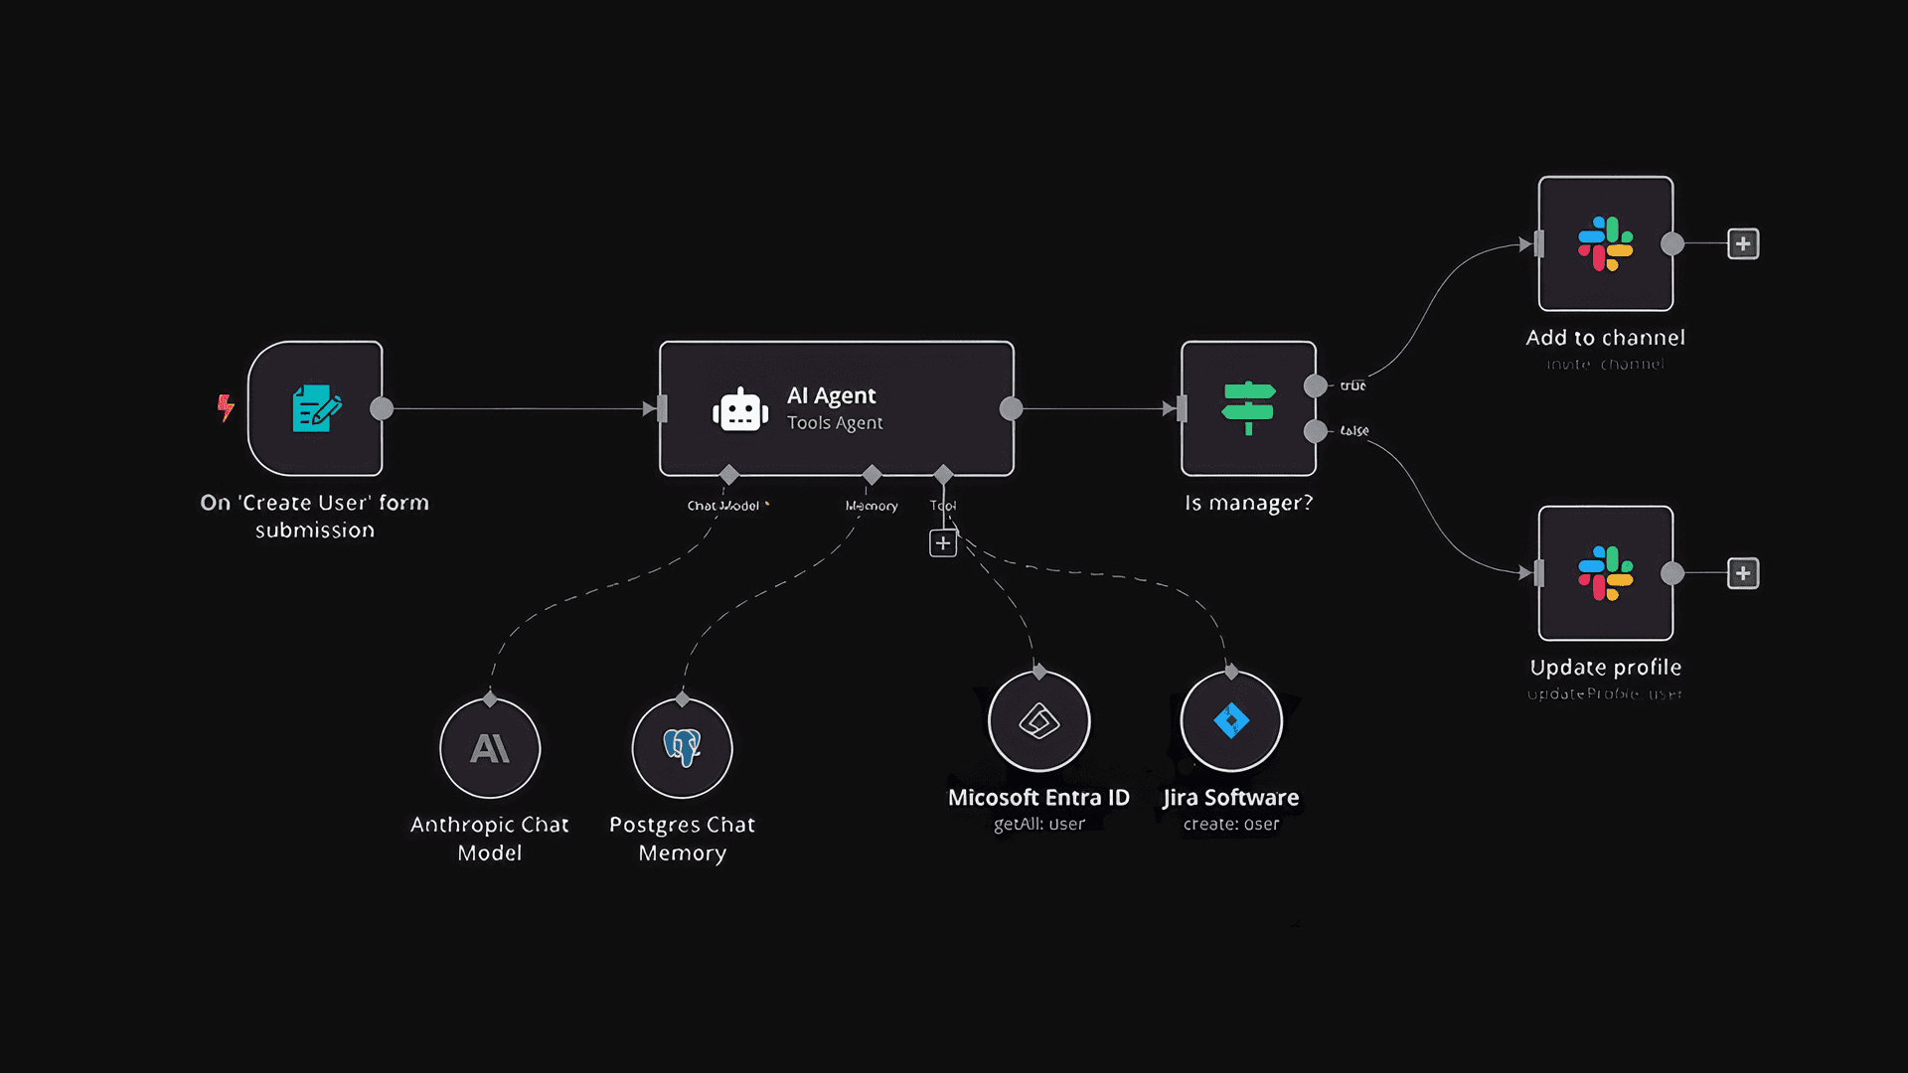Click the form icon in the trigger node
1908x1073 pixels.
coord(316,408)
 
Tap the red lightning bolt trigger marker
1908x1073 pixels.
coord(226,406)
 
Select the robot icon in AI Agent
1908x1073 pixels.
coord(740,409)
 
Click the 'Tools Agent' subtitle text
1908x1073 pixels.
coord(835,423)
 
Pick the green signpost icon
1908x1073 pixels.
coord(1248,407)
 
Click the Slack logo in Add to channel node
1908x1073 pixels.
coord(1605,243)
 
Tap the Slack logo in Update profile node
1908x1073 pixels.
coord(1605,573)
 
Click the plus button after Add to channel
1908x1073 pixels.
coord(1743,243)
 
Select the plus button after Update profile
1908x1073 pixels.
coord(1743,573)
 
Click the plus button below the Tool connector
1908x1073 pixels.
coord(943,543)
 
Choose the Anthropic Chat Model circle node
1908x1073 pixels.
coord(490,748)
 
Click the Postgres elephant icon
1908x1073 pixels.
coord(682,747)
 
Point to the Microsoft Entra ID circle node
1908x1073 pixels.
coord(1039,721)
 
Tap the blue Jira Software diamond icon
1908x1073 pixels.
coord(1231,720)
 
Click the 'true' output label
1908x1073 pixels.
coord(1352,385)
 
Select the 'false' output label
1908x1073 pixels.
coord(1353,430)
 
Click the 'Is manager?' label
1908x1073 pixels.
coord(1248,503)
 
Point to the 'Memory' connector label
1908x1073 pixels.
coord(872,506)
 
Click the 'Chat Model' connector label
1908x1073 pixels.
coord(723,506)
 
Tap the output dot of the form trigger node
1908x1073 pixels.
coord(382,408)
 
